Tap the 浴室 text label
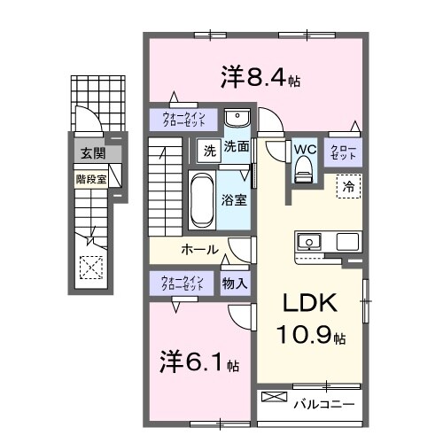[235, 199]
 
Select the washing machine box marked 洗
[206, 149]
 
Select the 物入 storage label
[235, 284]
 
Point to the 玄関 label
[91, 153]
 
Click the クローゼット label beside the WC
[342, 152]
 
